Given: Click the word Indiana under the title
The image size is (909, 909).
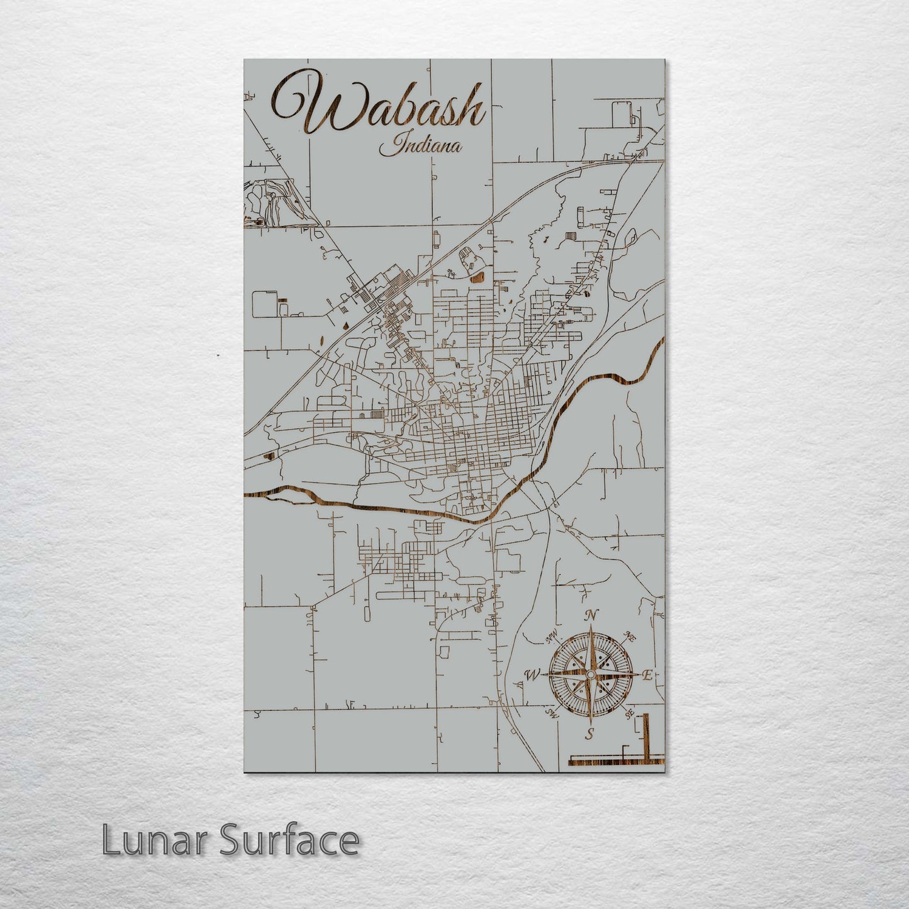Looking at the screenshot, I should pos(420,147).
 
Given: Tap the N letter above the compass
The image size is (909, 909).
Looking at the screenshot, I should pos(591,615).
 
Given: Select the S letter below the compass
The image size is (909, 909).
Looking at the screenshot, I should pos(590,733).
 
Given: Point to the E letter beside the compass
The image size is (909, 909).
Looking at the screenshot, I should pos(646,675).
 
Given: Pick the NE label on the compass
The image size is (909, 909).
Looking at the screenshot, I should pos(629,637).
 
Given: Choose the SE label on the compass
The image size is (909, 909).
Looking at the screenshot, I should pos(628,714).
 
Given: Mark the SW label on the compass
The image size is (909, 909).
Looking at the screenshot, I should pos(552,713).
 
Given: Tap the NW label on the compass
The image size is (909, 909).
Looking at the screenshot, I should pos(552,638).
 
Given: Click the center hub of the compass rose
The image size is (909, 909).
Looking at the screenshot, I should pos(590,674).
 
